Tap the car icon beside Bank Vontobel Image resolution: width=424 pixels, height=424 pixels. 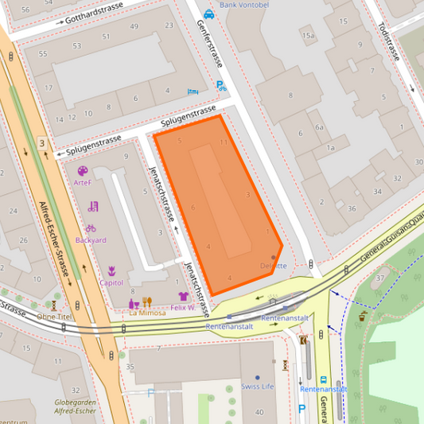pos(208,14)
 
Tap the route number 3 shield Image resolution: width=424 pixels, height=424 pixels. pos(41,143)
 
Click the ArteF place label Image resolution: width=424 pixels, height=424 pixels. pos(82,182)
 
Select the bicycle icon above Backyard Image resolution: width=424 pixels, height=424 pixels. pos(91,228)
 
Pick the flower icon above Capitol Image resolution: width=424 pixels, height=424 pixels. pos(111,270)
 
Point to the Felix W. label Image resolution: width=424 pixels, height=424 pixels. pos(182,307)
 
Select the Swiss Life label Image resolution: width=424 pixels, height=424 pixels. pos(257,387)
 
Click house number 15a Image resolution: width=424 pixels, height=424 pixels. pos(308,35)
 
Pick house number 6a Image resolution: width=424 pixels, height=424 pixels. pos(319,127)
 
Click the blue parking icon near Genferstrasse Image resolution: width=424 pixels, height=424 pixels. pos(221,85)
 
